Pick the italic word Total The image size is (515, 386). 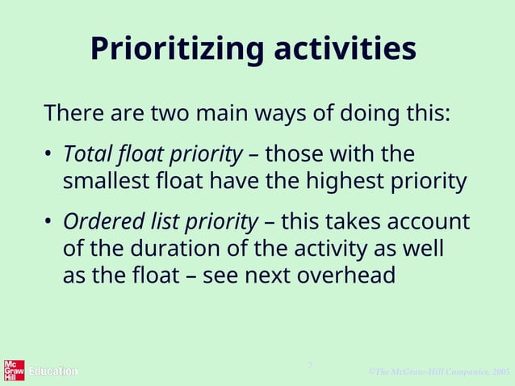pyautogui.click(x=84, y=153)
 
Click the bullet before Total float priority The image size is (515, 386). pyautogui.click(x=48, y=154)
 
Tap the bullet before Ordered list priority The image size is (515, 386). pyautogui.click(x=48, y=222)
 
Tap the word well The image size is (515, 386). pyautogui.click(x=425, y=249)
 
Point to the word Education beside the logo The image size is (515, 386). pyautogui.click(x=53, y=371)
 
